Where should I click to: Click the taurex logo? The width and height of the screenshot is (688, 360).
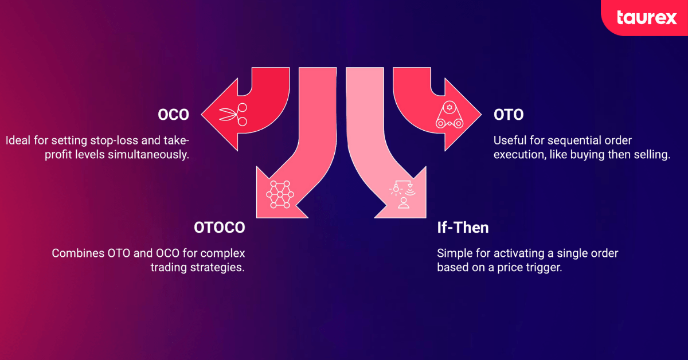click(647, 18)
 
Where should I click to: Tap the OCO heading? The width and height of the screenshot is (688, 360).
click(174, 115)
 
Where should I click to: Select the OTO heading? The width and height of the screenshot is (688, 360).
click(509, 115)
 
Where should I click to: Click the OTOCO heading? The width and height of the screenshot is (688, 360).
click(219, 228)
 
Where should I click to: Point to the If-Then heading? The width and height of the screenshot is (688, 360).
click(463, 228)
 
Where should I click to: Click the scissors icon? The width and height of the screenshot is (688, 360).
click(233, 115)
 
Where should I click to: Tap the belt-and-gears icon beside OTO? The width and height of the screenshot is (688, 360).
click(449, 115)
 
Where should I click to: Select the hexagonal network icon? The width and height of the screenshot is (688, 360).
click(280, 194)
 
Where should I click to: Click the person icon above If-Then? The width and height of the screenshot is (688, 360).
click(403, 203)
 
